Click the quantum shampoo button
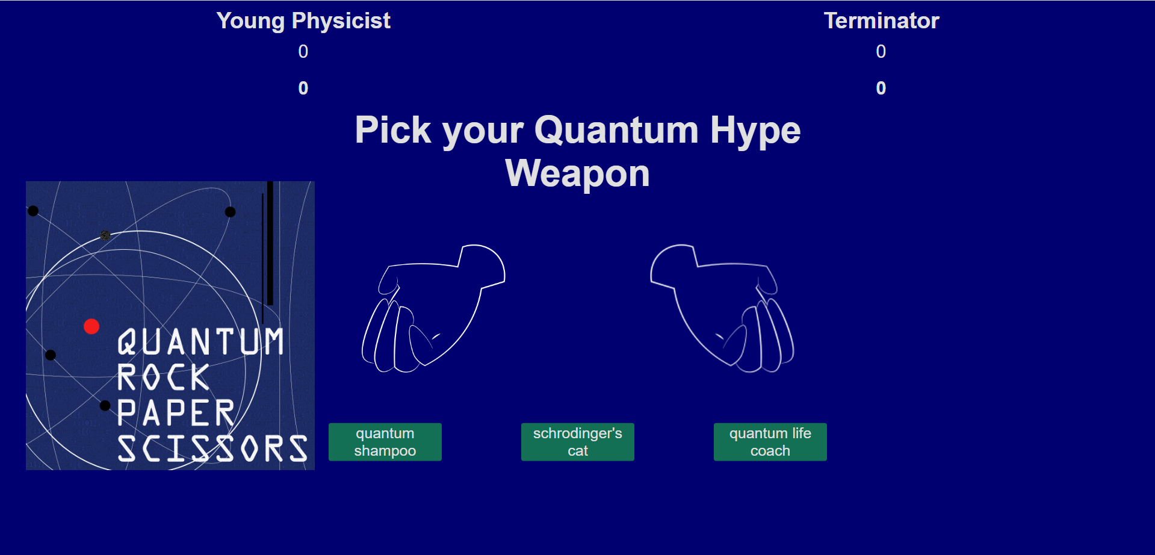point(385,442)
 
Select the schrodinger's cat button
point(578,442)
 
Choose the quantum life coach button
point(770,442)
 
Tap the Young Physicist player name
point(303,21)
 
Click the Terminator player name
point(881,21)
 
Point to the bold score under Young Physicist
point(303,88)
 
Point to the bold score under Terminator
point(881,88)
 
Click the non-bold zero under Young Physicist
point(303,52)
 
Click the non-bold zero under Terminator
point(881,52)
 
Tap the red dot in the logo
point(91,326)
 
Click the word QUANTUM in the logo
point(200,342)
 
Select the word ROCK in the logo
point(163,377)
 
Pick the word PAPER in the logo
point(176,413)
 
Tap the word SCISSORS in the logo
point(212,449)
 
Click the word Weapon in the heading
point(578,174)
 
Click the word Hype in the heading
point(755,131)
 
